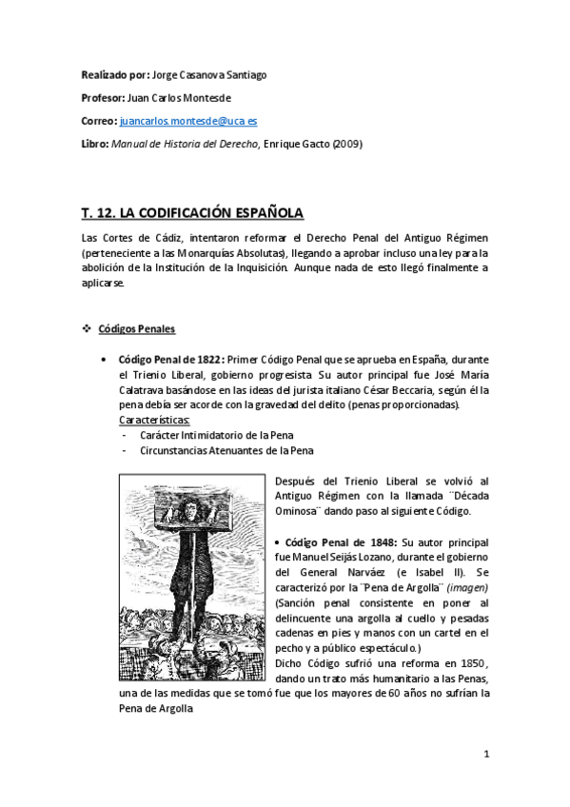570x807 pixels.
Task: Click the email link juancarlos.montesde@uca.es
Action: (195, 122)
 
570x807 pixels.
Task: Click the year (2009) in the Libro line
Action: (346, 144)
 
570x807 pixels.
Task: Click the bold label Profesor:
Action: (102, 98)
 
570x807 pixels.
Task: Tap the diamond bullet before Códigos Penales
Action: (87, 329)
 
